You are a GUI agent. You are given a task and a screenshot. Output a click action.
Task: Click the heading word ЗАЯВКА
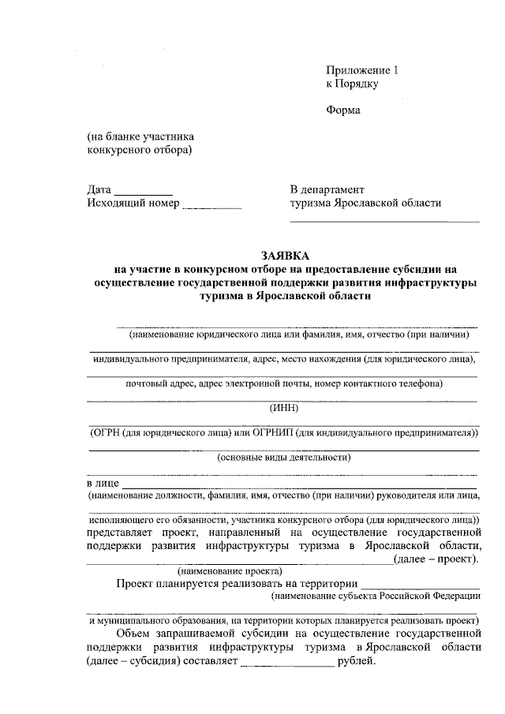pyautogui.click(x=286, y=255)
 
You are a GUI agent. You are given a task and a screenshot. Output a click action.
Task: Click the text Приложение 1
pyautogui.click(x=363, y=69)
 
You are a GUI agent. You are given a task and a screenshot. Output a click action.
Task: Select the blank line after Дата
pyautogui.click(x=143, y=193)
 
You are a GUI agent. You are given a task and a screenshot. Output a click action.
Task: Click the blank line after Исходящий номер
pyautogui.click(x=211, y=207)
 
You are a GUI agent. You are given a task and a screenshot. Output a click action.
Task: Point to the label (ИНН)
pyautogui.click(x=283, y=407)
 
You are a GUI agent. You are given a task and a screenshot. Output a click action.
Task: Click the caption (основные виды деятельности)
pyautogui.click(x=284, y=457)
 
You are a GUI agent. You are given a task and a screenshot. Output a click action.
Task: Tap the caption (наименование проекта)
pyautogui.click(x=230, y=570)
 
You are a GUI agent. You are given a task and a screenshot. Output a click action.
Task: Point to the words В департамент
pyautogui.click(x=327, y=189)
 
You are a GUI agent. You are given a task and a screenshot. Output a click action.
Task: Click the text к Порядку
pyautogui.click(x=353, y=83)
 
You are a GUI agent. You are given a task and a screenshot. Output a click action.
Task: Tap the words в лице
pyautogui.click(x=102, y=482)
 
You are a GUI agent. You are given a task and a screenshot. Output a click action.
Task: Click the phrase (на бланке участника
pyautogui.click(x=140, y=136)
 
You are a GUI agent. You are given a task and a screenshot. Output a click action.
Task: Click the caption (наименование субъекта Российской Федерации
pyautogui.click(x=375, y=597)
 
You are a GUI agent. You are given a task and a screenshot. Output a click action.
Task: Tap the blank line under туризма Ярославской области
pyautogui.click(x=384, y=220)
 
